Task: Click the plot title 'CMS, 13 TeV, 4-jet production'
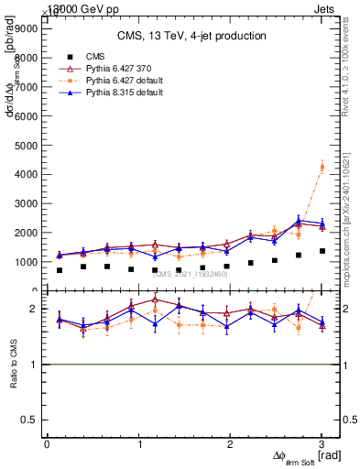[191, 37]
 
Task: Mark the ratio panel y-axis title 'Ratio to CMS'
[14, 364]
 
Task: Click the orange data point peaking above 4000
[322, 166]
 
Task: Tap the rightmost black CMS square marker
[322, 251]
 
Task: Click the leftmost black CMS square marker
[60, 270]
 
